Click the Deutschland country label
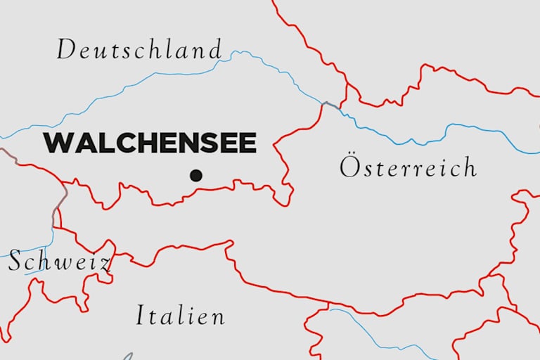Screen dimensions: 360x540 (139, 50)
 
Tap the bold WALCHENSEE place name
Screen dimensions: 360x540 (150, 143)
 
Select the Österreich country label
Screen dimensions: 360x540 (408, 167)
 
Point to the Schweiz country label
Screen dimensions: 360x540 (59, 262)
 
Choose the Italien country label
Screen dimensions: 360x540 (181, 316)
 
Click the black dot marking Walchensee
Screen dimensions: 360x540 (196, 175)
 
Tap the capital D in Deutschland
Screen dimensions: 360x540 (66, 50)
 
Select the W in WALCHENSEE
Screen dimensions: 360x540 (58, 143)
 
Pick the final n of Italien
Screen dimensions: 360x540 (218, 317)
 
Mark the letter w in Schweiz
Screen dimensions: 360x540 (62, 264)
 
